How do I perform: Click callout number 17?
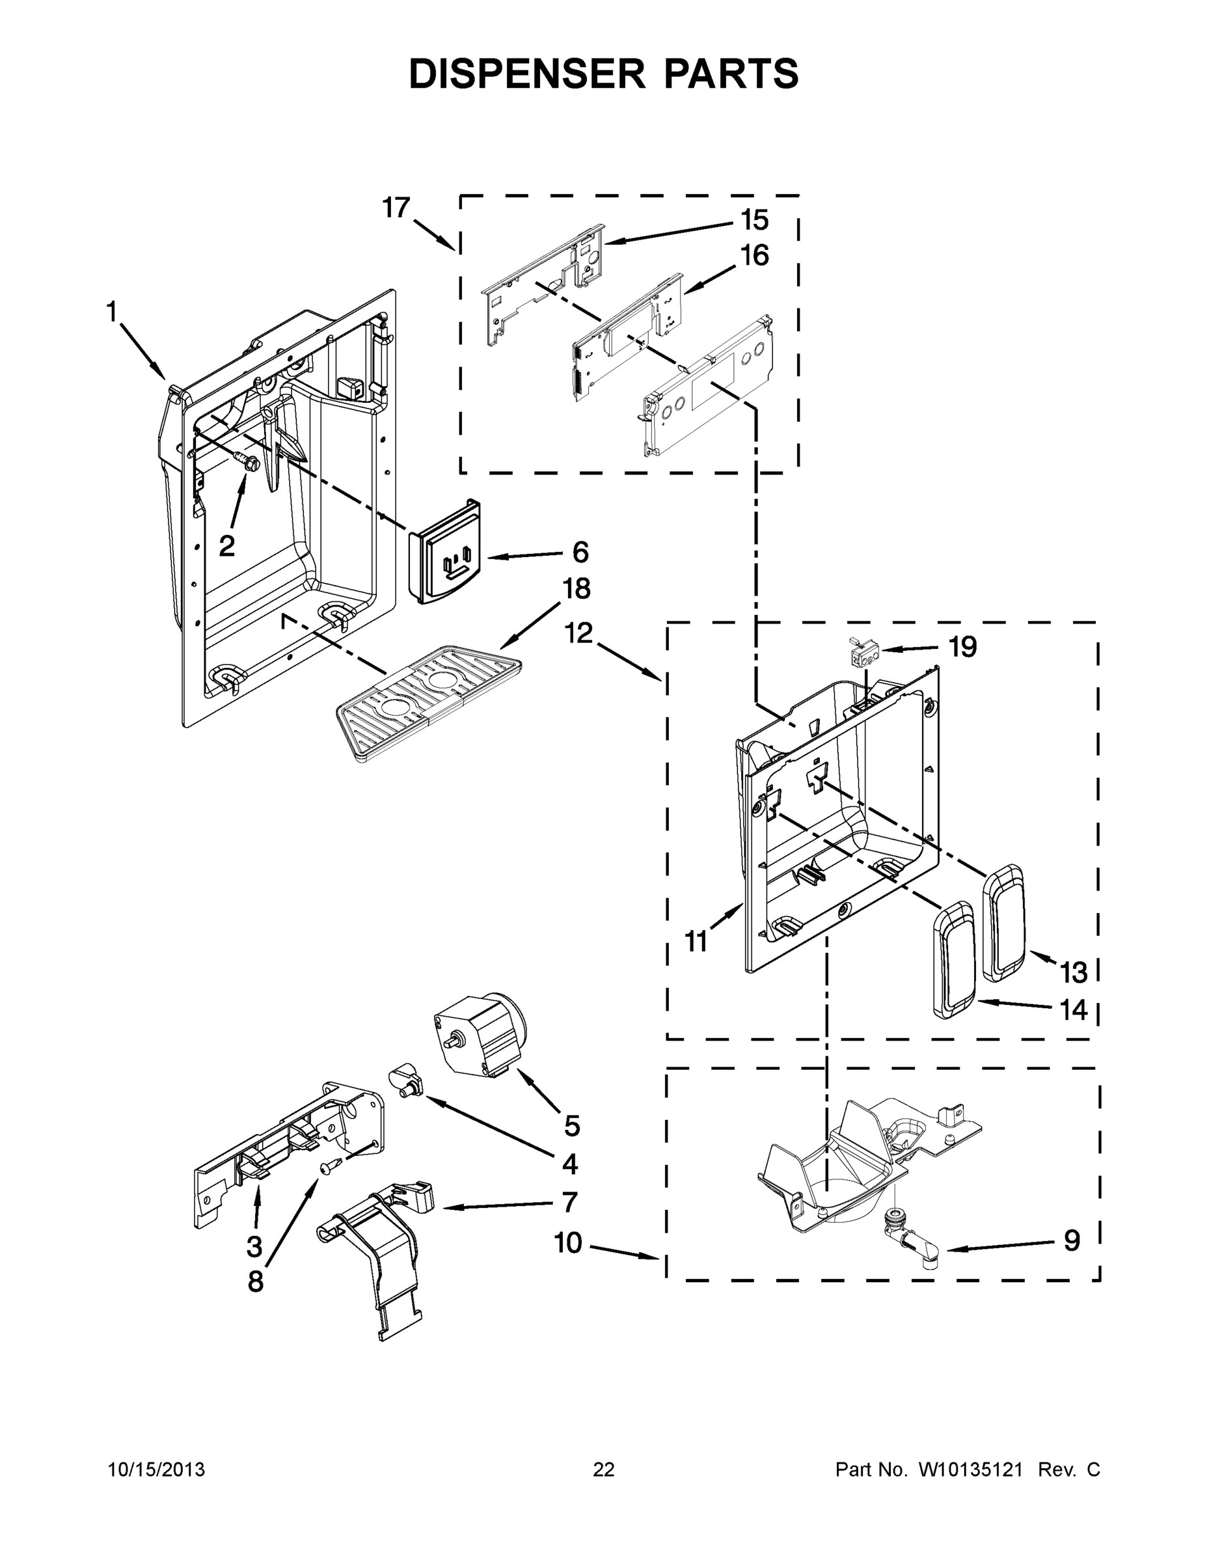(396, 208)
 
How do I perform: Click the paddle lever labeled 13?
(1005, 923)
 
